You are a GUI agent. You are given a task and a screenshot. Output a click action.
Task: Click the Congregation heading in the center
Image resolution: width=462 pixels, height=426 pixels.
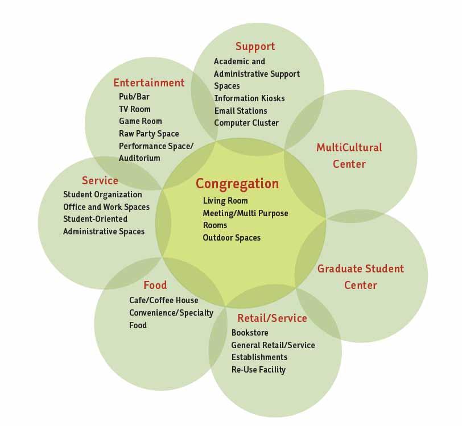click(x=237, y=184)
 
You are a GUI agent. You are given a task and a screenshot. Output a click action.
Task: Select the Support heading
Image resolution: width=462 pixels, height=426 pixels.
click(x=255, y=47)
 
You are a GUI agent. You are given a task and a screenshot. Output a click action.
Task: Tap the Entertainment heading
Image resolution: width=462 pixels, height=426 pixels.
click(x=148, y=82)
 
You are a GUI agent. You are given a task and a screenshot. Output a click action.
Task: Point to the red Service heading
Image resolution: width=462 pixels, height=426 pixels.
click(x=100, y=180)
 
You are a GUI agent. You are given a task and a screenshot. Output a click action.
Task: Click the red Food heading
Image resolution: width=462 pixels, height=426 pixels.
click(x=155, y=285)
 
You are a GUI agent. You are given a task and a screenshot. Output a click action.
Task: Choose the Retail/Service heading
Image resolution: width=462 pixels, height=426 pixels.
click(x=272, y=318)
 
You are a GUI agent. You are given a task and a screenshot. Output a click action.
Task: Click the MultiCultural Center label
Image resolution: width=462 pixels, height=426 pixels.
click(x=349, y=156)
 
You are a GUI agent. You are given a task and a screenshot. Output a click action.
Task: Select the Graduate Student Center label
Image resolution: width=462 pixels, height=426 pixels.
click(x=360, y=276)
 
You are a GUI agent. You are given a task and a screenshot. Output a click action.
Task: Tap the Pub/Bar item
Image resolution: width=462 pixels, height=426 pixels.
click(x=134, y=97)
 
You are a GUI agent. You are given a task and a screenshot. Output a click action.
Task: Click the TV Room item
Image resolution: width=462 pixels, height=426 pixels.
click(x=135, y=109)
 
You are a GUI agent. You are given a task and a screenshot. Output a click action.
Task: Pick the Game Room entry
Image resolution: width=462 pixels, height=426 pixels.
click(x=141, y=121)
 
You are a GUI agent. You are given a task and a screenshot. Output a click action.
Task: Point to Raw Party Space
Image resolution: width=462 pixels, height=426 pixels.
click(x=149, y=134)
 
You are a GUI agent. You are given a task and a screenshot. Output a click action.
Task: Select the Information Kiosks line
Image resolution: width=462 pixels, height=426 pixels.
click(x=249, y=98)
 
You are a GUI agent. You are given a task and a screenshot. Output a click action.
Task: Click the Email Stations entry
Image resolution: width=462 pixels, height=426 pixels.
click(x=241, y=111)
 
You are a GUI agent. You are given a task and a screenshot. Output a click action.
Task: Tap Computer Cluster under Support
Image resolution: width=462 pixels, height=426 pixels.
click(x=246, y=123)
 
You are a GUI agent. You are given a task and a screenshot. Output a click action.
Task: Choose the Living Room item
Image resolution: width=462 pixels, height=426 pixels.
click(x=225, y=201)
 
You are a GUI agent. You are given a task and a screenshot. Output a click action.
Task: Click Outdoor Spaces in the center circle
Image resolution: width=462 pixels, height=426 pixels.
click(x=232, y=238)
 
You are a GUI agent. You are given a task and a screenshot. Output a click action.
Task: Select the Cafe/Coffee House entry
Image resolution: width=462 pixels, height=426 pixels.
click(x=164, y=300)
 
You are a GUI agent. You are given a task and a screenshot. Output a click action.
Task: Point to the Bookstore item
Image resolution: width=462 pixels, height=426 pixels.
click(x=250, y=333)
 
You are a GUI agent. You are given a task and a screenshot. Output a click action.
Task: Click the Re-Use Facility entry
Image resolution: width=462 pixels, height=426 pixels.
click(x=258, y=370)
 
